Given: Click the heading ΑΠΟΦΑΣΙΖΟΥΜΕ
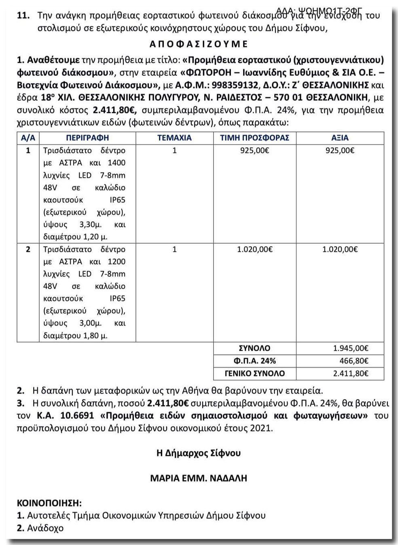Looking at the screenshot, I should [199, 44].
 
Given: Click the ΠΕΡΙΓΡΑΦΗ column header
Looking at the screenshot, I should [87, 138].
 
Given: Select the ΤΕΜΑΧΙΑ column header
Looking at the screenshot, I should [174, 138].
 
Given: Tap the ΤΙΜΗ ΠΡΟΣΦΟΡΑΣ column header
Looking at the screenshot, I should [254, 138].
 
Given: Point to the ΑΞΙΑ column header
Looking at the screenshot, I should [340, 138].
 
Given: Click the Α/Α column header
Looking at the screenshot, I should [28, 138].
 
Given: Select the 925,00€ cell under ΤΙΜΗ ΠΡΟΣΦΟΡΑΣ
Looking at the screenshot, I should [254, 151].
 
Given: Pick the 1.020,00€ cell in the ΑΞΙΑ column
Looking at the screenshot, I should [340, 249].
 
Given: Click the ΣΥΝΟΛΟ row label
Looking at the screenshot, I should [254, 348].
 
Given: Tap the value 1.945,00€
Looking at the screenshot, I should [351, 348].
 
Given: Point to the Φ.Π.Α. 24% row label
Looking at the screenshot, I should [254, 361].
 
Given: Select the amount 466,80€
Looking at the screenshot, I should [354, 361].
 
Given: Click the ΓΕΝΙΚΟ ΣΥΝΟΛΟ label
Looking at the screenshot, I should [254, 373].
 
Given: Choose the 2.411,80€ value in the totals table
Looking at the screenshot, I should [351, 373].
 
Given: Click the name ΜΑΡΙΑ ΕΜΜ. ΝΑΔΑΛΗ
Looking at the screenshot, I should [199, 478].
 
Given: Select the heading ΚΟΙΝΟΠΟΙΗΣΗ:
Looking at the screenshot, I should [49, 503].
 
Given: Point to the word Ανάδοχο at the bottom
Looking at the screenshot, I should [45, 528].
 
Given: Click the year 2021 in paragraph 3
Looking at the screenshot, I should [261, 428].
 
